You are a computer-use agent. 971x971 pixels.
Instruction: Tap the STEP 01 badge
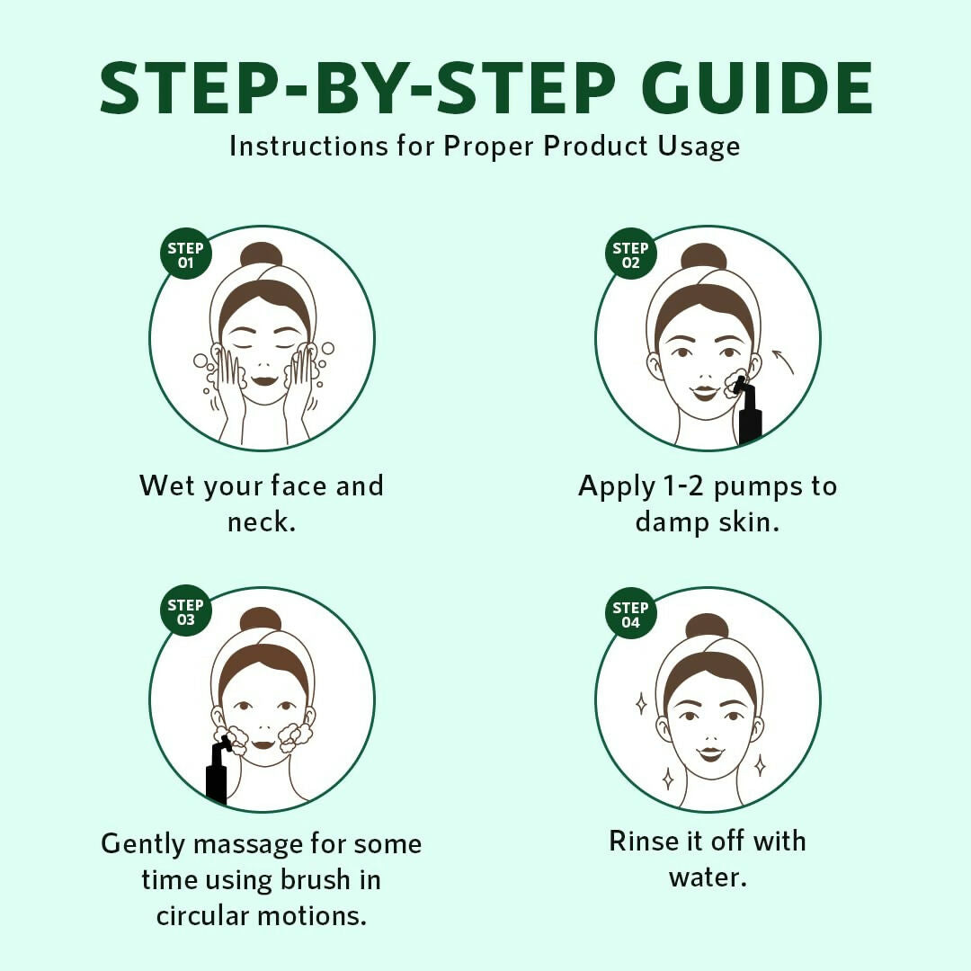coord(186,254)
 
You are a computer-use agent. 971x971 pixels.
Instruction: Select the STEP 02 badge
coord(630,254)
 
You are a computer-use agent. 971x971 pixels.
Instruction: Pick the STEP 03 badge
coord(186,611)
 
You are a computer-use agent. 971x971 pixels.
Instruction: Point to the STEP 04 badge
coord(630,613)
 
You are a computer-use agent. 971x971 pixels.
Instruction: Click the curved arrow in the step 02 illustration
coord(784,361)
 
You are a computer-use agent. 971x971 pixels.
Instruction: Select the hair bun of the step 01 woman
coord(262,255)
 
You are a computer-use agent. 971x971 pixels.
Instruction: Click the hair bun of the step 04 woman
coord(708,626)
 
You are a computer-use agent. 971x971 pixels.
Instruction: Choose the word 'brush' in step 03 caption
coord(316,879)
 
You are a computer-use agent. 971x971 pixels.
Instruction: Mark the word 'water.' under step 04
coord(708,877)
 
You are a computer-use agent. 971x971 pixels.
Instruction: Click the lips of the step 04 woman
coord(710,753)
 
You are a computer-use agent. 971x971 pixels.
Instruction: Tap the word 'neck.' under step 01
coord(262,522)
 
